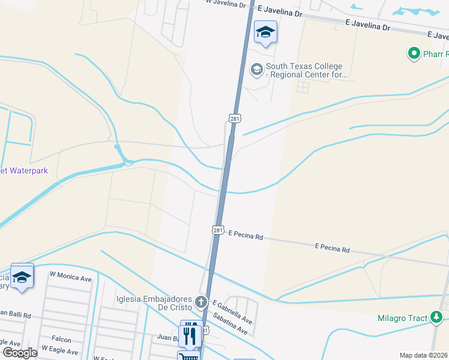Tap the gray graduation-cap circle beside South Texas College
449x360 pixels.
[257, 70]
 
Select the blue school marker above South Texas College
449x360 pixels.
[265, 32]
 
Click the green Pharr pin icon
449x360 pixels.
[414, 55]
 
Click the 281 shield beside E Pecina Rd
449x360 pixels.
[218, 230]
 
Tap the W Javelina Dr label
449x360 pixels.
[226, 4]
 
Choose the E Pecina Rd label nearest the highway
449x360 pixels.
[246, 237]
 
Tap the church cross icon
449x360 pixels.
[200, 302]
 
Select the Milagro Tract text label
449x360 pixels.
[403, 318]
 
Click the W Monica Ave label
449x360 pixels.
[71, 278]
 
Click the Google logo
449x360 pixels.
[20, 353]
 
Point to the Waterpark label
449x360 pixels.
[23, 170]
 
